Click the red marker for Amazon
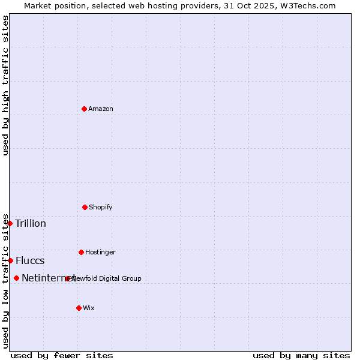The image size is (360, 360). [84, 109]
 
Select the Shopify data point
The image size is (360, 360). [85, 207]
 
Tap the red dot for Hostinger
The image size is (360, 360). [81, 252]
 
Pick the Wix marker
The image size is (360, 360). [79, 308]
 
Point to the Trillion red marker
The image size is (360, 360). [10, 223]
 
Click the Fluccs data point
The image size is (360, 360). [10, 260]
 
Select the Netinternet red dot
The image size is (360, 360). [16, 278]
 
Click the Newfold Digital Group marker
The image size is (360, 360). [68, 278]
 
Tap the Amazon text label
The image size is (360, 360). [101, 109]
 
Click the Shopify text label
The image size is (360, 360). [101, 207]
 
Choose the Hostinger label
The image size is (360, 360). [100, 252]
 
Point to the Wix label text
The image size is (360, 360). [89, 308]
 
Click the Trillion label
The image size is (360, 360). [31, 224]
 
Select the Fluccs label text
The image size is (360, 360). [30, 260]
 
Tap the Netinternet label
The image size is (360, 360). [48, 278]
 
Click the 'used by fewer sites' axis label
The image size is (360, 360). [62, 355]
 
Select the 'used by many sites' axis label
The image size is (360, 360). [301, 355]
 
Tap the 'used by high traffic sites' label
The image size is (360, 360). [5, 85]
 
